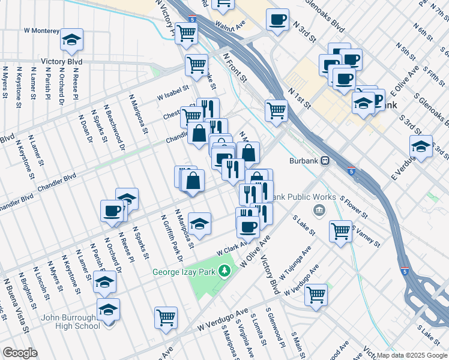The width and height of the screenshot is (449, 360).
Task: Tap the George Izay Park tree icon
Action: (x=225, y=271)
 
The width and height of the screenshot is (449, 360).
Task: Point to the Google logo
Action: (x=20, y=353)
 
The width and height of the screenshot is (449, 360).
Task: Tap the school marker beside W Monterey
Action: (x=72, y=40)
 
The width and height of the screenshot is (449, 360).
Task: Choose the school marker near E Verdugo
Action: (x=421, y=146)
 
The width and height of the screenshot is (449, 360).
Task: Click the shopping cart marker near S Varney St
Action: (x=341, y=230)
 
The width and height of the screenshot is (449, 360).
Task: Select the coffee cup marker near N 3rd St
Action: (x=277, y=20)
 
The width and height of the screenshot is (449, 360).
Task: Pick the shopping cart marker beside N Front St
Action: (x=276, y=110)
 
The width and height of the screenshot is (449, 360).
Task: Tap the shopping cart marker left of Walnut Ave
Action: (x=186, y=35)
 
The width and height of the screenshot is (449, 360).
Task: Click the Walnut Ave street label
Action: (x=232, y=26)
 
